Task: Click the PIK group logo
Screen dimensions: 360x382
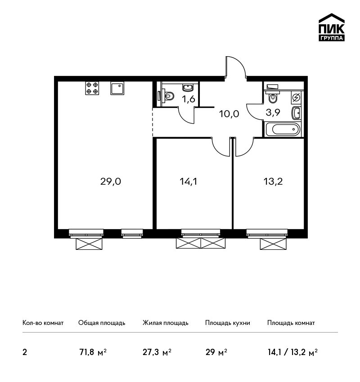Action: [332, 27]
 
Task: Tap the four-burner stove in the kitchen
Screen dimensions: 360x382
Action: [92, 88]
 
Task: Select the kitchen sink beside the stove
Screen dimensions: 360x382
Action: [117, 88]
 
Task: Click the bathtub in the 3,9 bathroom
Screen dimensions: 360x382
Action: [283, 129]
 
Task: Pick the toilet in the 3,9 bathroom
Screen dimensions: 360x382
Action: [273, 98]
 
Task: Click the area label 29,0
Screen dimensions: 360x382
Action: [111, 182]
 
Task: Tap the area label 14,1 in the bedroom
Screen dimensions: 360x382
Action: [188, 182]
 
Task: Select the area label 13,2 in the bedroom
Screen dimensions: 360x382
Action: [273, 182]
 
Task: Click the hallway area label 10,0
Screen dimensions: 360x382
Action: [229, 114]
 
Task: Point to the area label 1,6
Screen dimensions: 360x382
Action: [189, 99]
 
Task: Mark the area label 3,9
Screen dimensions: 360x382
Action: [273, 112]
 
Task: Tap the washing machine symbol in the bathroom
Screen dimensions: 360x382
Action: [297, 98]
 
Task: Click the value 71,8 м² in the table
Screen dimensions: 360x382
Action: [93, 352]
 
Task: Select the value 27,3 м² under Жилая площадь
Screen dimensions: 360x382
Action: [157, 352]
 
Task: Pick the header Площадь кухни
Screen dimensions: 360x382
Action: [228, 323]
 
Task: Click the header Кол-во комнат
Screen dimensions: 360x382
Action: [43, 323]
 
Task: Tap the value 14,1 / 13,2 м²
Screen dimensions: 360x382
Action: [292, 352]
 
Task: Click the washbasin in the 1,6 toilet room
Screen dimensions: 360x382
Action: [188, 88]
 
